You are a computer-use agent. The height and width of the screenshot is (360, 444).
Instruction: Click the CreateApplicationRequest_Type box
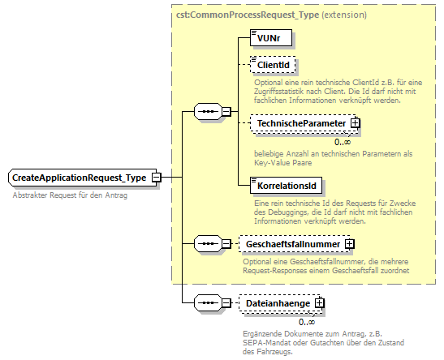coord(79,178)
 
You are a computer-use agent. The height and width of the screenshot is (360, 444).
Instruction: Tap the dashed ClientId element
coord(273,65)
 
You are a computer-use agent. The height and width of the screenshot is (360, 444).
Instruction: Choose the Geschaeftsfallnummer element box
coord(290,242)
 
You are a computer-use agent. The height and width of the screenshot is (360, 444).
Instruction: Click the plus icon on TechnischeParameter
coord(356,123)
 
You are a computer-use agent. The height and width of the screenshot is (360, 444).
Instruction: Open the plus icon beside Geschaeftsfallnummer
coord(350,242)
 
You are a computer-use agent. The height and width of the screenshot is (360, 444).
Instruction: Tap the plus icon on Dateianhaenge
coord(320,302)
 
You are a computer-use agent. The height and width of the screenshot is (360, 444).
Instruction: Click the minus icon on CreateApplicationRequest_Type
coord(156,178)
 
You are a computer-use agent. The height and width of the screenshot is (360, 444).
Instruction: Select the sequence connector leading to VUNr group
coord(209,112)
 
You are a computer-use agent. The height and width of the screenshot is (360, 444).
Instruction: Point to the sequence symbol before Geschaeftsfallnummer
coord(209,242)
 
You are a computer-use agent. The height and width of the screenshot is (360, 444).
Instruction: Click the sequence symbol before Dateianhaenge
coord(209,302)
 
